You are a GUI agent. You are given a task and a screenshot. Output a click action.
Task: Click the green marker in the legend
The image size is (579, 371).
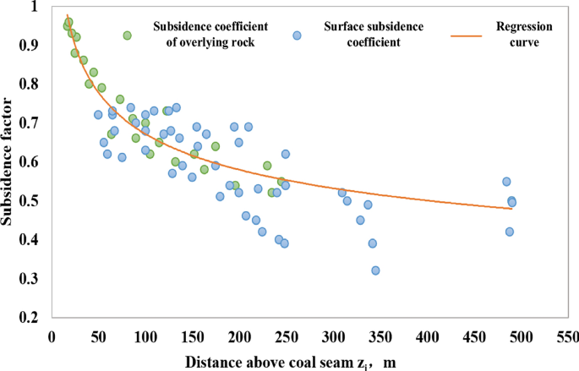click(x=127, y=35)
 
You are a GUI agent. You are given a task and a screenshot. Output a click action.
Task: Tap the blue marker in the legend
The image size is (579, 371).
click(x=297, y=35)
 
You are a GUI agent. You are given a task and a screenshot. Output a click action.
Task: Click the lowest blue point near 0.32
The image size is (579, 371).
click(x=375, y=270)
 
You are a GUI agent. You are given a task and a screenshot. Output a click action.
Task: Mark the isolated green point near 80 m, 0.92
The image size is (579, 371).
click(x=127, y=35)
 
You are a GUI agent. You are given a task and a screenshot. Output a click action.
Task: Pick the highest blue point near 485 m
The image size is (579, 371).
click(x=506, y=182)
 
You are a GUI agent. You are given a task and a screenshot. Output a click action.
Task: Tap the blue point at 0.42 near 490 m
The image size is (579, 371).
click(x=510, y=232)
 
